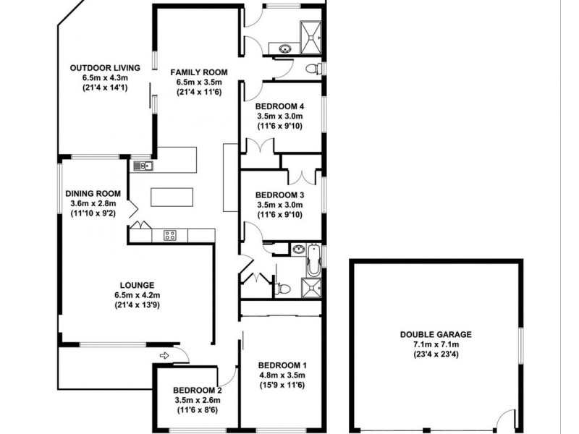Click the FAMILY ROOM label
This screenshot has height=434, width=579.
pyautogui.click(x=199, y=72)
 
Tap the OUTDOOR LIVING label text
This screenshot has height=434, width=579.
pyautogui.click(x=99, y=68)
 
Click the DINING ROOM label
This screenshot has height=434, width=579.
pyautogui.click(x=92, y=194)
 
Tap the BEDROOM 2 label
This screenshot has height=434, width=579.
pyautogui.click(x=198, y=390)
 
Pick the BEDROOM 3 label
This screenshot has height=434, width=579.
pyautogui.click(x=279, y=195)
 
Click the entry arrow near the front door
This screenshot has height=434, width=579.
pyautogui.click(x=164, y=354)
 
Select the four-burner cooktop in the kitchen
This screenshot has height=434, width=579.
pyautogui.click(x=171, y=234)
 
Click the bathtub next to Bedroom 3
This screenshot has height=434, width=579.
pyautogui.click(x=313, y=261)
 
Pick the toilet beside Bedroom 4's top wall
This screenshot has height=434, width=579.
pyautogui.click(x=312, y=69)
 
